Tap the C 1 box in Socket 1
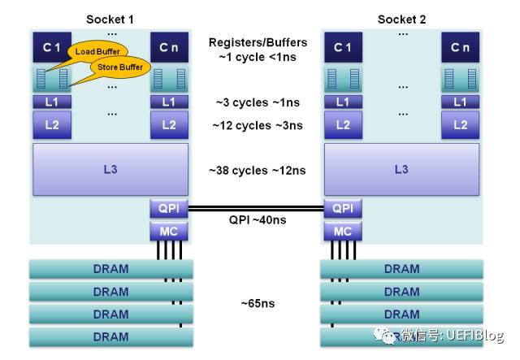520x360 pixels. click(52, 48)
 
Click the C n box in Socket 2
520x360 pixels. click(460, 48)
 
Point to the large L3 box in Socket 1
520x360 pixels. click(110, 170)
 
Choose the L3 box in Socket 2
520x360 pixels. click(401, 170)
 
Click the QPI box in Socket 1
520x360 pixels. click(169, 208)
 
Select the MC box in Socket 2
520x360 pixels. click(342, 232)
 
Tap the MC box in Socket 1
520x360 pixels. click(169, 232)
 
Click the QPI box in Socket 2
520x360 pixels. click(342, 208)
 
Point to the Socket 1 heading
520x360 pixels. click(110, 19)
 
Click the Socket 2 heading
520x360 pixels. click(401, 19)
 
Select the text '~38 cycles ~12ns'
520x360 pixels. click(257, 171)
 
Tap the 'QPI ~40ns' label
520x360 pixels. click(257, 219)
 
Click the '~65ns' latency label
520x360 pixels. click(257, 303)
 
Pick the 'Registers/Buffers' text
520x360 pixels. click(257, 42)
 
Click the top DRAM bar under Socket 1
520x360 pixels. click(110, 269)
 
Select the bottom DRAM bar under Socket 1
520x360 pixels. click(110, 336)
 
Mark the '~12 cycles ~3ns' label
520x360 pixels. click(257, 125)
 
